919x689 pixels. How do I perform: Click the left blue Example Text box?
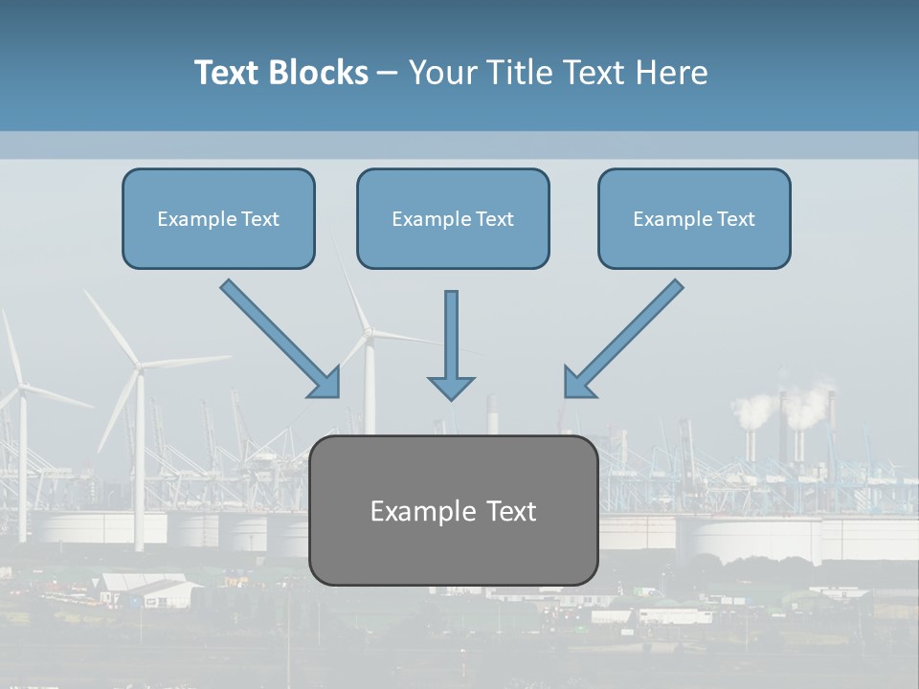pyautogui.click(x=218, y=219)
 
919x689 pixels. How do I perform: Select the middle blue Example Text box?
pyautogui.click(x=453, y=219)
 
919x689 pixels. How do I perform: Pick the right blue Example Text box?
pyautogui.click(x=694, y=219)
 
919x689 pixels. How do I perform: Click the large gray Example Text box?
pyautogui.click(x=453, y=510)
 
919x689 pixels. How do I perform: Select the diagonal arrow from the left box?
pyautogui.click(x=278, y=337)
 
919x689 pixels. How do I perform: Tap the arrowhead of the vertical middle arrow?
pyautogui.click(x=451, y=387)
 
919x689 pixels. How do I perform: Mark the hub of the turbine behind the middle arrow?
pyautogui.click(x=369, y=332)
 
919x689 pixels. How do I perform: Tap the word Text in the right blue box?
pyautogui.click(x=735, y=219)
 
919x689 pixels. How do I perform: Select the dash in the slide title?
pyautogui.click(x=388, y=74)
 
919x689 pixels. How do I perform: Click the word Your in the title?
pyautogui.click(x=440, y=73)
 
